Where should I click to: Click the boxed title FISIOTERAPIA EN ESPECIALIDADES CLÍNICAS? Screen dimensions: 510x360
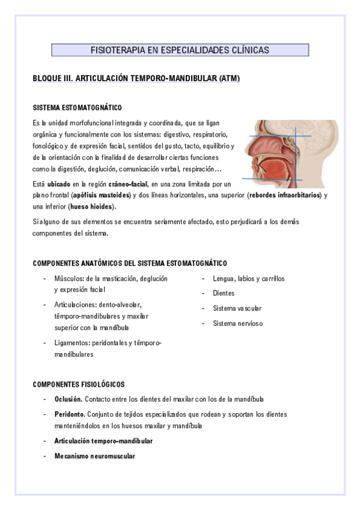click(x=180, y=50)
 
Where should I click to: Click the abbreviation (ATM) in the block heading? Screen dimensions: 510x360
click(x=229, y=79)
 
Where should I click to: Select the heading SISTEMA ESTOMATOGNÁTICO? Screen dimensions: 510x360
click(x=77, y=108)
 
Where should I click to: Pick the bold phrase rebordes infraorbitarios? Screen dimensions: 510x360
click(x=285, y=195)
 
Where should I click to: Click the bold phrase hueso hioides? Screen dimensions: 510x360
click(x=93, y=207)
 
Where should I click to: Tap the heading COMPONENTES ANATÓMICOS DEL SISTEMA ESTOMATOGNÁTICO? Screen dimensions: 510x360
click(x=130, y=263)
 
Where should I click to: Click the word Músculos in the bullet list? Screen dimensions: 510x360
click(x=68, y=278)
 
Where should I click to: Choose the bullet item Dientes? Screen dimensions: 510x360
click(x=224, y=293)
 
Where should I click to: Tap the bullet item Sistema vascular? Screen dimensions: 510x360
click(x=237, y=309)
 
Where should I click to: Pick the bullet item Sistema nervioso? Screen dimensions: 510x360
click(x=237, y=324)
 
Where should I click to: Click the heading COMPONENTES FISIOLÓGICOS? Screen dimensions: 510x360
click(x=79, y=384)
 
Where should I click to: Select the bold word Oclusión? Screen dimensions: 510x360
click(x=68, y=399)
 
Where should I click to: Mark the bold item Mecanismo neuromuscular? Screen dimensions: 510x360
click(x=94, y=456)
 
